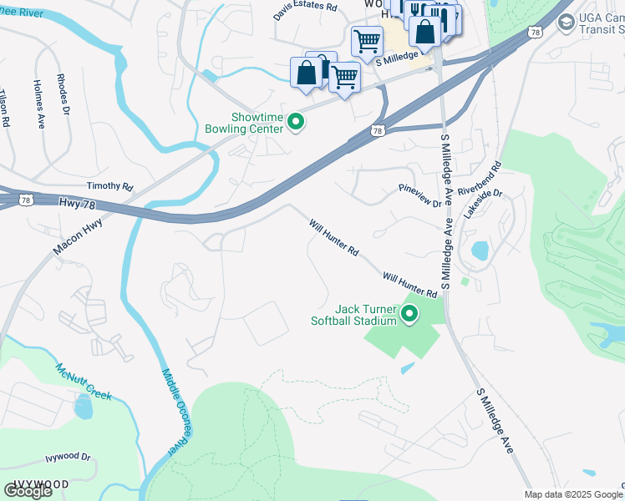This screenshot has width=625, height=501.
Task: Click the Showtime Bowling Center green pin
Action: pyautogui.click(x=295, y=123)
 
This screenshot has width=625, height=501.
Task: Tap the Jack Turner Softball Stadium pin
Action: pyautogui.click(x=409, y=314)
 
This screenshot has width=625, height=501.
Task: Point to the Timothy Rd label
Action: pyautogui.click(x=109, y=186)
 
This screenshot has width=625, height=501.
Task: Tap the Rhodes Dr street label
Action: pyautogui.click(x=64, y=97)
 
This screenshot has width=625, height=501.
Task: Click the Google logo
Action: pyautogui.click(x=27, y=490)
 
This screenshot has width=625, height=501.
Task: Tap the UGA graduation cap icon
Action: pyautogui.click(x=567, y=21)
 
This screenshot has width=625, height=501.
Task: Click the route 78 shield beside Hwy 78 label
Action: pyautogui.click(x=28, y=200)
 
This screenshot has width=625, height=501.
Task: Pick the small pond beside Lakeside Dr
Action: pyautogui.click(x=480, y=250)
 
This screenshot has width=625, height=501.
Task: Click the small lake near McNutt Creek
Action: pyautogui.click(x=83, y=407)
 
